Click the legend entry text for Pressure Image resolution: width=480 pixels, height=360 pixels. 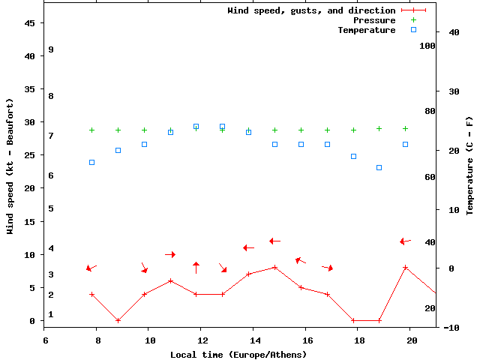(x=374, y=20)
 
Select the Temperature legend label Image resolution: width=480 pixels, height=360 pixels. (x=366, y=30)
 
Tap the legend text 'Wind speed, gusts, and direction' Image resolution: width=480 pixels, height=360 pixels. (x=311, y=10)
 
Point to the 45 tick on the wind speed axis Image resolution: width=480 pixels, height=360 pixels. (x=30, y=23)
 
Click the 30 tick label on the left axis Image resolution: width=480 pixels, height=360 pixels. (x=30, y=122)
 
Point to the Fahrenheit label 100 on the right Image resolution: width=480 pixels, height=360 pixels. (x=427, y=46)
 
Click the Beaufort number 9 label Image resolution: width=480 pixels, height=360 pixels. (x=50, y=49)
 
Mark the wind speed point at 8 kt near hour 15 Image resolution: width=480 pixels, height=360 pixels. (x=275, y=267)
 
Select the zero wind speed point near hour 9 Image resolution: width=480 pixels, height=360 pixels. (x=118, y=320)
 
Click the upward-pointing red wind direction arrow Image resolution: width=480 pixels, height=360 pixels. (x=196, y=267)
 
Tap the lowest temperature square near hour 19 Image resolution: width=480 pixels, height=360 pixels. (x=379, y=167)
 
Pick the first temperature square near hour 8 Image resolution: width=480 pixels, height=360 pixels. (x=91, y=162)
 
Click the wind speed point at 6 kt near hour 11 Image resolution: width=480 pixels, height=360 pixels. (x=170, y=280)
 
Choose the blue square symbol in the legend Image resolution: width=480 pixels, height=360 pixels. (x=413, y=30)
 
